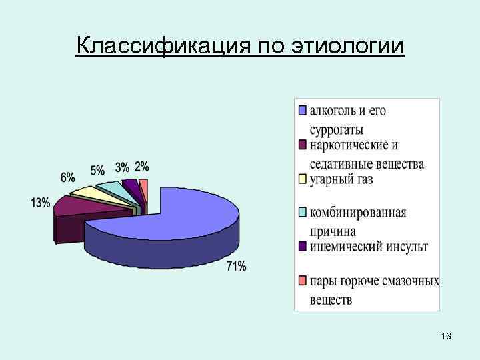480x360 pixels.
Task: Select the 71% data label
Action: click(237, 267)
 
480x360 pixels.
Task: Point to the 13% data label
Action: click(40, 203)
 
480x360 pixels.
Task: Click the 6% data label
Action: click(67, 177)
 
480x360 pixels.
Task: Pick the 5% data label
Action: click(97, 169)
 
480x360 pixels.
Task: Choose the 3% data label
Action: click(122, 167)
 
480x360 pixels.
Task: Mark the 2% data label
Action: click(141, 166)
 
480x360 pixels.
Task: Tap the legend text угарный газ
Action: click(341, 180)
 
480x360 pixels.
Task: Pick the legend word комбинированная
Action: click(358, 213)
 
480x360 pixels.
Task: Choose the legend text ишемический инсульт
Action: click(369, 247)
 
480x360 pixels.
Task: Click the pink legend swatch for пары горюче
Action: click(303, 281)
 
